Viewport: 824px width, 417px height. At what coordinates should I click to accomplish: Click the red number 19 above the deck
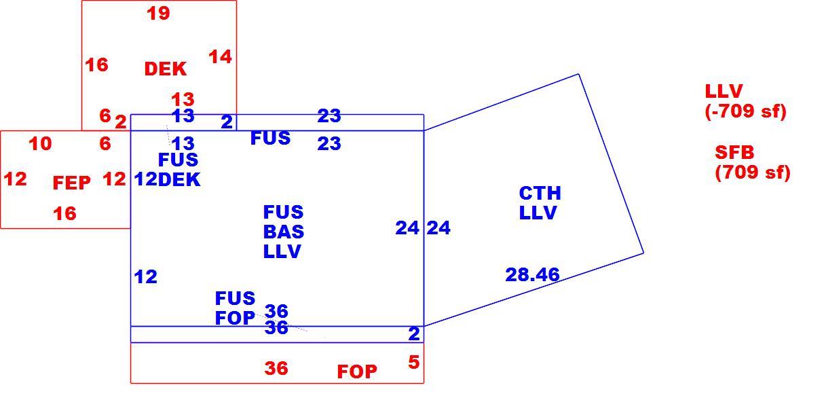tap(158, 14)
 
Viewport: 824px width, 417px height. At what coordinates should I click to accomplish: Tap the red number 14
tap(220, 57)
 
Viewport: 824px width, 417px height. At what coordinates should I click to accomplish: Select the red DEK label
tap(165, 69)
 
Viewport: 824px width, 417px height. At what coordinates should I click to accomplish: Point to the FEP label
tap(71, 183)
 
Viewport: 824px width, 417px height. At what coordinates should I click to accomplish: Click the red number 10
tap(40, 143)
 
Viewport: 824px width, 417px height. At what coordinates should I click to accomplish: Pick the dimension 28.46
tap(532, 274)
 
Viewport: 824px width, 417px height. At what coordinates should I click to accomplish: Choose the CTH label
tap(540, 194)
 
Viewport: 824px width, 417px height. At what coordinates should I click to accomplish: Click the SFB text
tap(734, 152)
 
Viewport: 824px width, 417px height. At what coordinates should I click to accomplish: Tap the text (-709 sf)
tap(745, 111)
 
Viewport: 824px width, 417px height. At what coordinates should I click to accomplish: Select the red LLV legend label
tap(724, 91)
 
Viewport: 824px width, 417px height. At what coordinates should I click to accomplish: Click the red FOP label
tap(357, 371)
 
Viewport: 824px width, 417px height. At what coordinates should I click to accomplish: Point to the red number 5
tap(414, 363)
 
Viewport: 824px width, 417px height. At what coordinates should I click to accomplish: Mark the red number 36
tap(276, 368)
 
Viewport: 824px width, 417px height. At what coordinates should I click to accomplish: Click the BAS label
tap(284, 232)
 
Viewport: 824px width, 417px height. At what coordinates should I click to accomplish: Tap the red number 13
tap(183, 100)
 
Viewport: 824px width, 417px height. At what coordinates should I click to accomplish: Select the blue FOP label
tap(235, 318)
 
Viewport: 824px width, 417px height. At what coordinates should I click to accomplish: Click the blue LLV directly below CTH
tap(538, 213)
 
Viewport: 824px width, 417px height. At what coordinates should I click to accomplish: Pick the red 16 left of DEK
tap(96, 65)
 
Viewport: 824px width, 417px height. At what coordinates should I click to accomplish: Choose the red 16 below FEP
tap(64, 214)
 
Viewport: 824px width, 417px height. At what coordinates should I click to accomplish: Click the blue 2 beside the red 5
tap(414, 334)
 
